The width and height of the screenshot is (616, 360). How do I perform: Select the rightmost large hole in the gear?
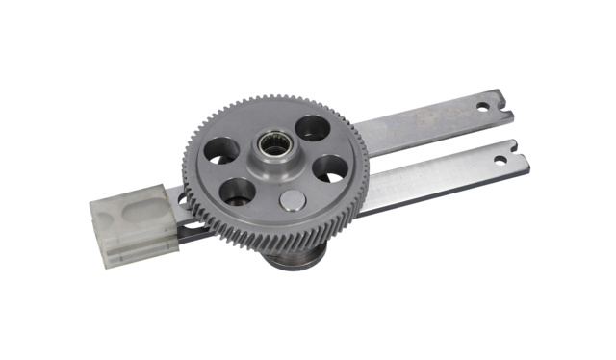click(330, 167)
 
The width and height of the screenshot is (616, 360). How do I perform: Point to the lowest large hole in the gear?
click(237, 192)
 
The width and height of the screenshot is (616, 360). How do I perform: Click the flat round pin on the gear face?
click(293, 200)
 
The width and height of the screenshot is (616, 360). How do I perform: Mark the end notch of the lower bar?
click(518, 148)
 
